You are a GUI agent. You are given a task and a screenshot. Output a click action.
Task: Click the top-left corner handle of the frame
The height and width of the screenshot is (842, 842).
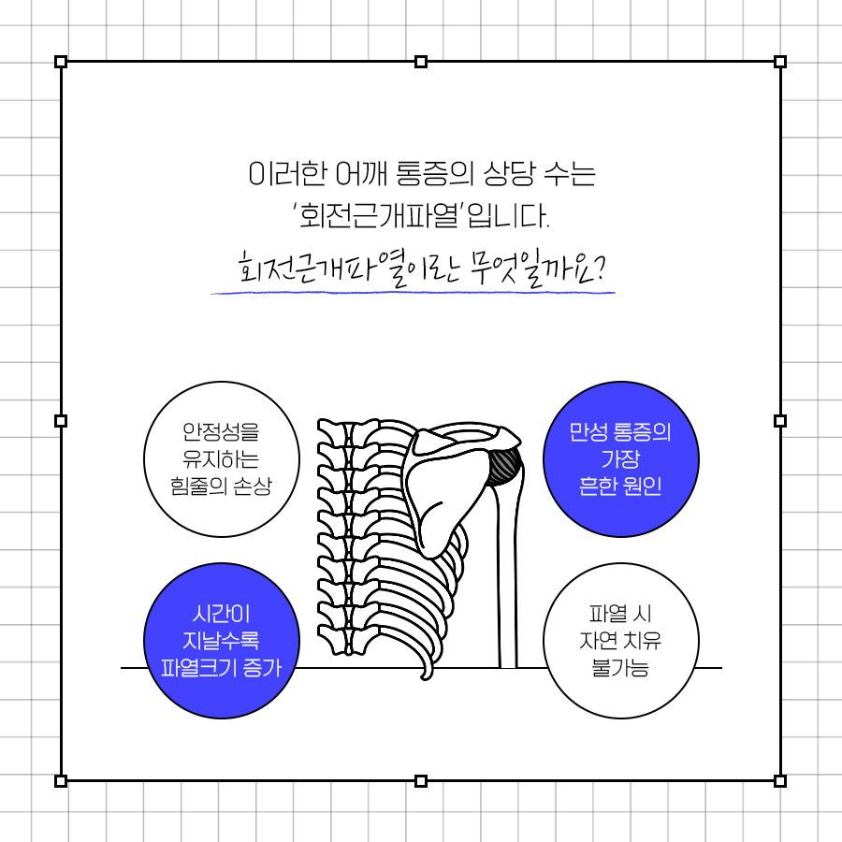coord(61,61)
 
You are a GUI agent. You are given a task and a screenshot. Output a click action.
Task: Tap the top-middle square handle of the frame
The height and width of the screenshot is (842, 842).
coord(421,61)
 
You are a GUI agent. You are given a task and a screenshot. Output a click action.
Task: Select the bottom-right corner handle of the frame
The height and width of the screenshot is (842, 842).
coord(780,781)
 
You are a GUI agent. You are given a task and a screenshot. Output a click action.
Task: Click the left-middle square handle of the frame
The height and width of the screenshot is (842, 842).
coord(61,420)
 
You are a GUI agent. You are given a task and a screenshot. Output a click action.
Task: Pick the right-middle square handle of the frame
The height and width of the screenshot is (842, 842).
coord(780,420)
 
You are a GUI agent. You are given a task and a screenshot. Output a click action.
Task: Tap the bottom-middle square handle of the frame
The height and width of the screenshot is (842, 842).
coord(421,781)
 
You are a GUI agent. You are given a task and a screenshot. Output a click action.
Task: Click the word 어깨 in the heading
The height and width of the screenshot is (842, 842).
coord(361,173)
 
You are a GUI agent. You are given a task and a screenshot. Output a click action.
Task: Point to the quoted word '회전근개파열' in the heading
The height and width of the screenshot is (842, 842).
coord(378,216)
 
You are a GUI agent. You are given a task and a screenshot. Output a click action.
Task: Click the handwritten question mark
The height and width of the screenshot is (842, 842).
coord(600,267)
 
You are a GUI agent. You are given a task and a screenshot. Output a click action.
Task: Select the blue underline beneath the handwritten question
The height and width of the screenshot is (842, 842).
coord(413,293)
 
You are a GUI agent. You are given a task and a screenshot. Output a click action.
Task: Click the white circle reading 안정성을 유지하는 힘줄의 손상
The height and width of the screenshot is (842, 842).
coord(221,459)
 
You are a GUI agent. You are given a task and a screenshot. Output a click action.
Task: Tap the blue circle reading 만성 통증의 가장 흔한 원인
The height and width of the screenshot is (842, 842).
coord(621,459)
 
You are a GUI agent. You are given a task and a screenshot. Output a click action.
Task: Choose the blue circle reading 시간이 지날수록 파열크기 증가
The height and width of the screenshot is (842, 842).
coord(221,641)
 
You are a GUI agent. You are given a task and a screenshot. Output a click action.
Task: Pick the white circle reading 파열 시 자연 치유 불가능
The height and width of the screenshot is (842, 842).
coord(621,641)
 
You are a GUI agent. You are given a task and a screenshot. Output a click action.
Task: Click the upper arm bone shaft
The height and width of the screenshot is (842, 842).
coord(507,574)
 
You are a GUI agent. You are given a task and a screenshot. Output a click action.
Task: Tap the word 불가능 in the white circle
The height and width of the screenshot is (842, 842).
coord(620,667)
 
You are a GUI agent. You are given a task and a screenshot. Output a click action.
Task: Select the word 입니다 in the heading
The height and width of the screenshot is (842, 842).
coord(509,216)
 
